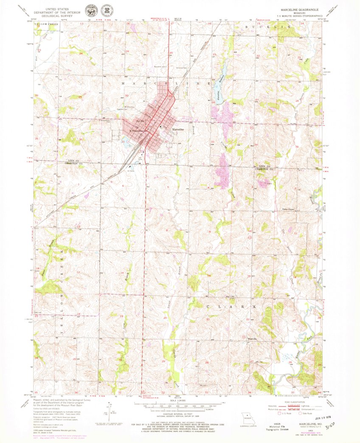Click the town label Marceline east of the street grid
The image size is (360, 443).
pos(178,129)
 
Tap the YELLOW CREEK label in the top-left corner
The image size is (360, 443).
pos(47,25)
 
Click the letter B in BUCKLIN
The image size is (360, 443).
pos(247,27)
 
